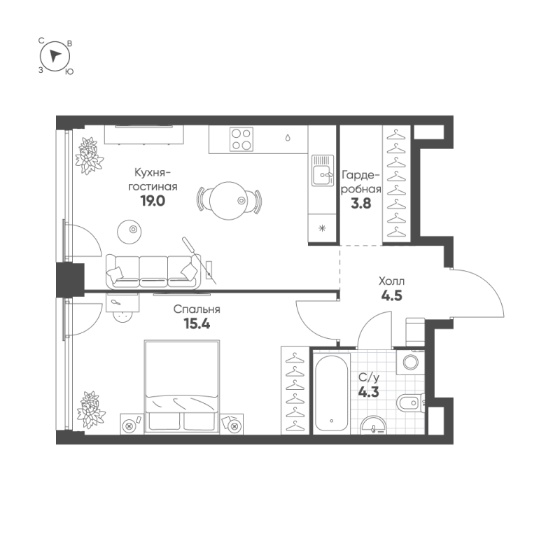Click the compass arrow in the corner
pyautogui.click(x=55, y=56)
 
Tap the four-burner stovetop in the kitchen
pyautogui.click(x=241, y=139)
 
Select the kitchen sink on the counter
pyautogui.click(x=323, y=171)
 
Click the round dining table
pyautogui.click(x=228, y=201)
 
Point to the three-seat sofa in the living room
pyautogui.click(x=153, y=272)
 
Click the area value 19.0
pyautogui.click(x=153, y=201)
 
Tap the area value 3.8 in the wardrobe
pyautogui.click(x=361, y=204)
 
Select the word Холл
pyautogui.click(x=391, y=281)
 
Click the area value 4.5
pyautogui.click(x=392, y=295)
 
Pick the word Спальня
pyautogui.click(x=197, y=309)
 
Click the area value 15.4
pyautogui.click(x=197, y=323)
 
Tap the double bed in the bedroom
pyautogui.click(x=182, y=387)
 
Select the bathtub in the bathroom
pyautogui.click(x=332, y=393)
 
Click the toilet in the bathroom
pyautogui.click(x=411, y=403)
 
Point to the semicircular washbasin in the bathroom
pyautogui.click(x=374, y=426)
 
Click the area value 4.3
pyautogui.click(x=369, y=392)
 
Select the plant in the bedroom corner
pyautogui.click(x=91, y=409)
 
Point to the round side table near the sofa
pyautogui.click(x=129, y=232)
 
